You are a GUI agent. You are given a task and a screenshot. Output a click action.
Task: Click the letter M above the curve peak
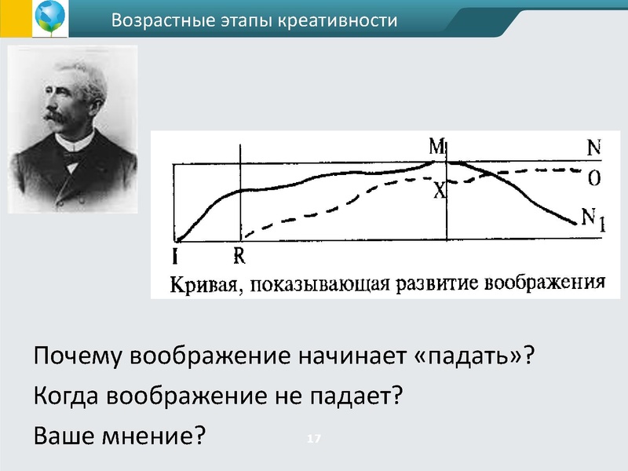[x=437, y=147]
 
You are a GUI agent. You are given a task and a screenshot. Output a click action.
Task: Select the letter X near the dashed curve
[x=440, y=190]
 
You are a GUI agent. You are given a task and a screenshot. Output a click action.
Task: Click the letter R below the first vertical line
[x=239, y=255]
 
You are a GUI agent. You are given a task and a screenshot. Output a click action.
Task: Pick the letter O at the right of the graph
[x=594, y=179]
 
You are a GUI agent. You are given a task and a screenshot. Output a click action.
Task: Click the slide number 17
[x=315, y=438]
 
